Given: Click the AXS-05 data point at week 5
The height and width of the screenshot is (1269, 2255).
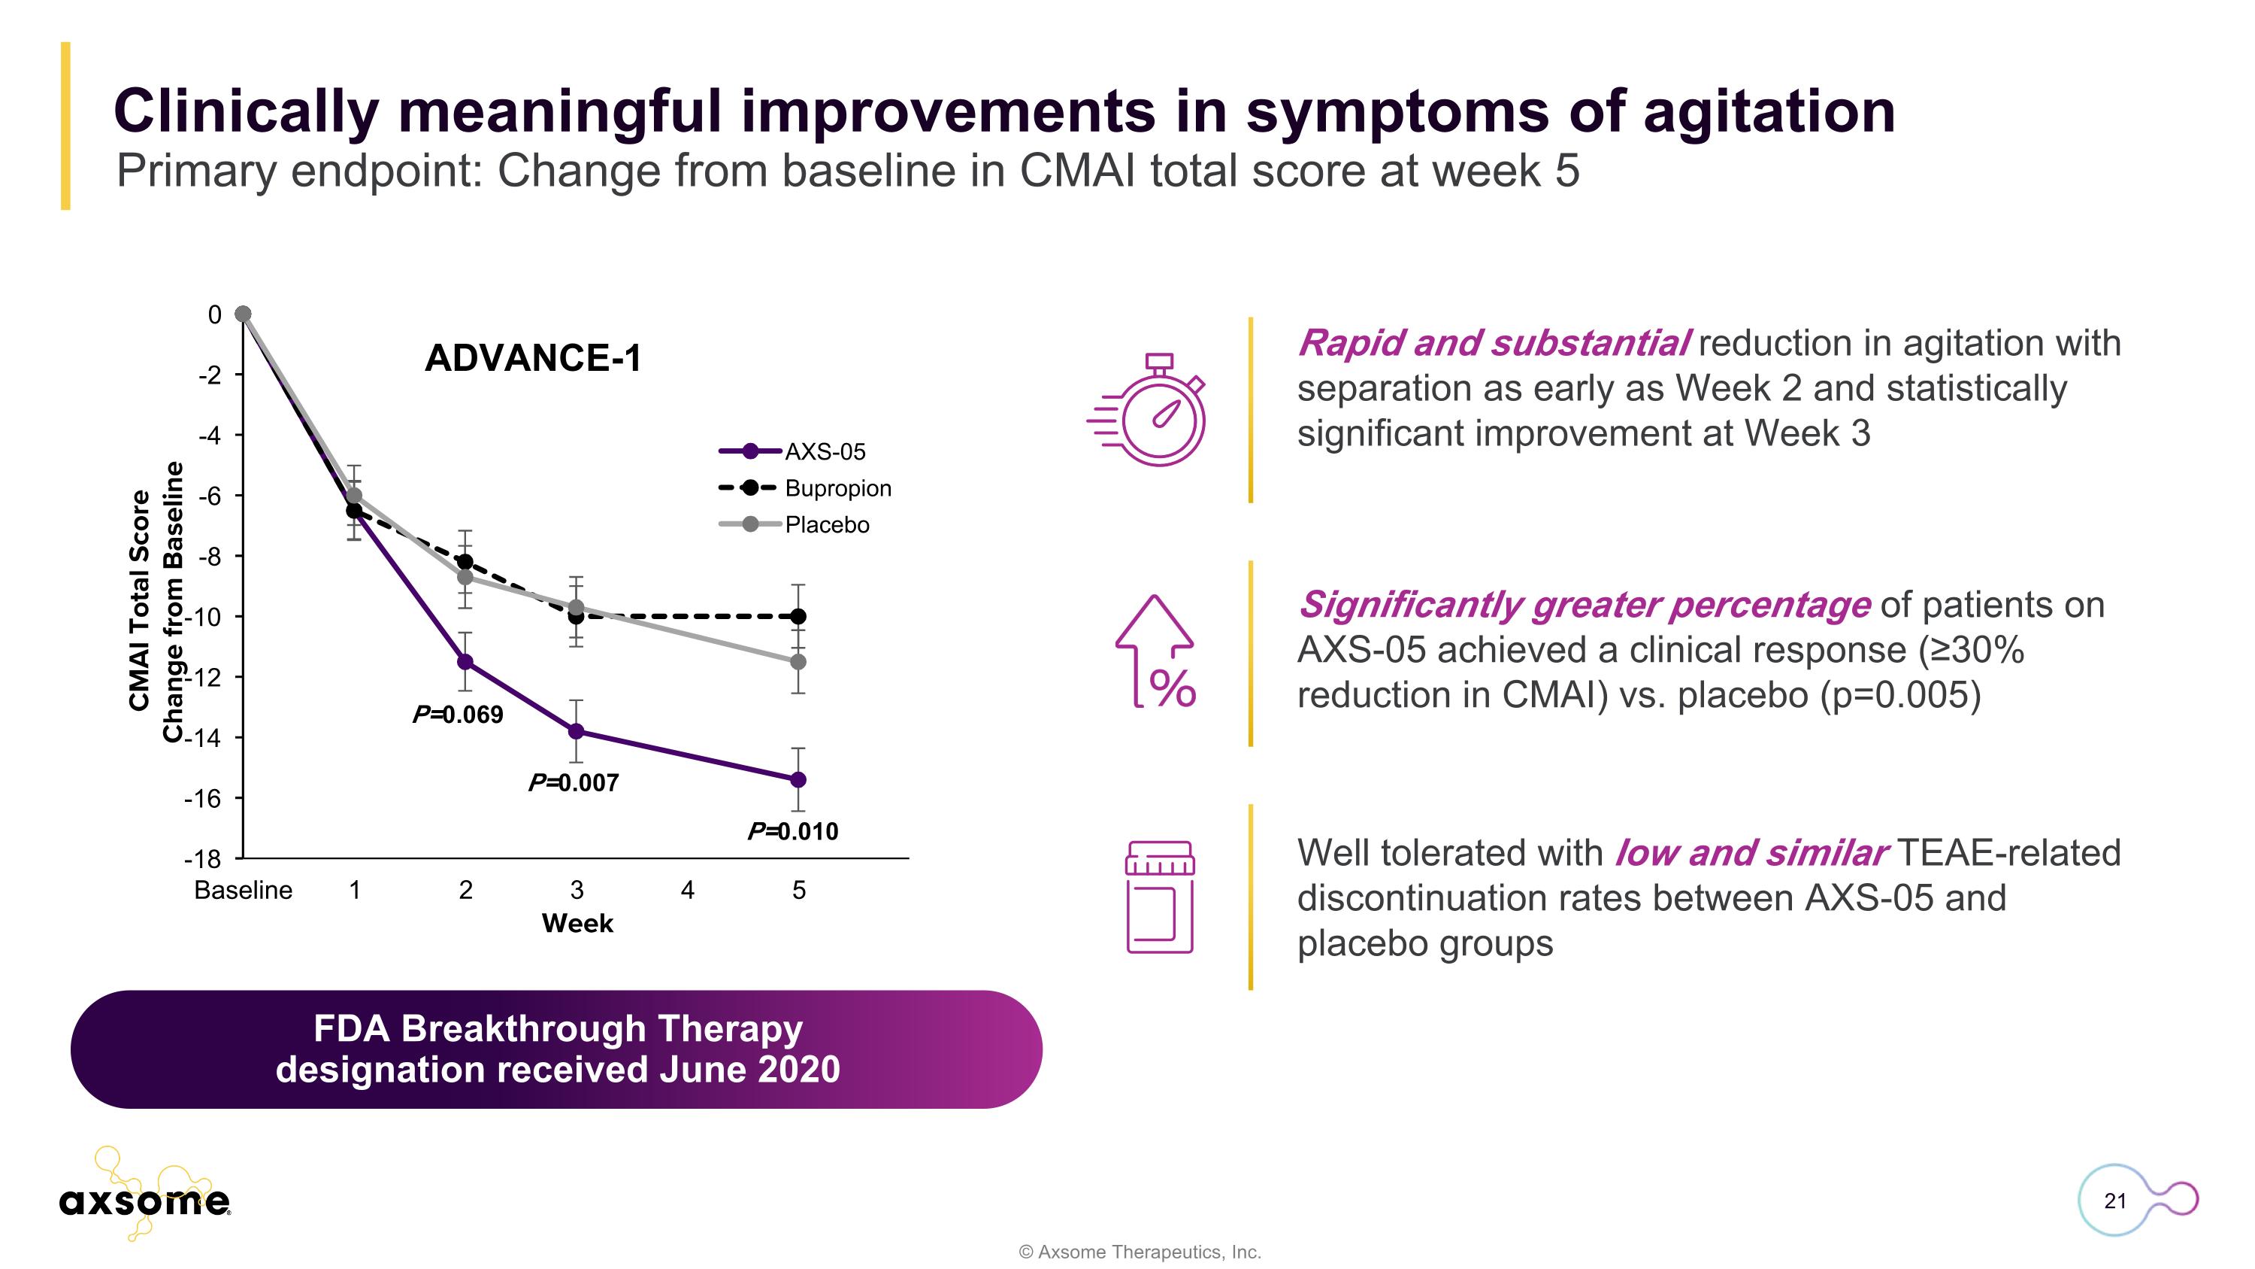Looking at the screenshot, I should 798,779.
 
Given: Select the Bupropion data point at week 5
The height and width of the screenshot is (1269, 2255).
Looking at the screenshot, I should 798,617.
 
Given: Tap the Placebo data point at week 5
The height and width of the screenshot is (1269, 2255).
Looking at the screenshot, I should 798,661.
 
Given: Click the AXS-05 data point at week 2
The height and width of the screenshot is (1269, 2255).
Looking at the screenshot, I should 466,661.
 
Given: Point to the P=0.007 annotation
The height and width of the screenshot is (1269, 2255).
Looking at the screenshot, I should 574,782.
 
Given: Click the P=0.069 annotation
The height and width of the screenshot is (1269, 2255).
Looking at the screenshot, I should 458,715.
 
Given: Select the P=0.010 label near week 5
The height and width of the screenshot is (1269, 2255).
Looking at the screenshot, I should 793,831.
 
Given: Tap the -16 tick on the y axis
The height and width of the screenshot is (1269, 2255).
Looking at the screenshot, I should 202,798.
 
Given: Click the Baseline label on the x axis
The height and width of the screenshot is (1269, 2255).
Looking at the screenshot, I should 244,890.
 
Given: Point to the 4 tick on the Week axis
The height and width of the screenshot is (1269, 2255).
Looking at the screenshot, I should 688,890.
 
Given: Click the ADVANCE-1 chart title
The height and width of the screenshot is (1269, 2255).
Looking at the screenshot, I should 533,358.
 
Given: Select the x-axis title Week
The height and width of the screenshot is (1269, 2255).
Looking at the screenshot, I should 578,923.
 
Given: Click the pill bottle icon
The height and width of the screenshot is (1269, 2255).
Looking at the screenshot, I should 1159,897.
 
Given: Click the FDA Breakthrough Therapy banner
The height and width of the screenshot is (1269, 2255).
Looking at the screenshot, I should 557,1049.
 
